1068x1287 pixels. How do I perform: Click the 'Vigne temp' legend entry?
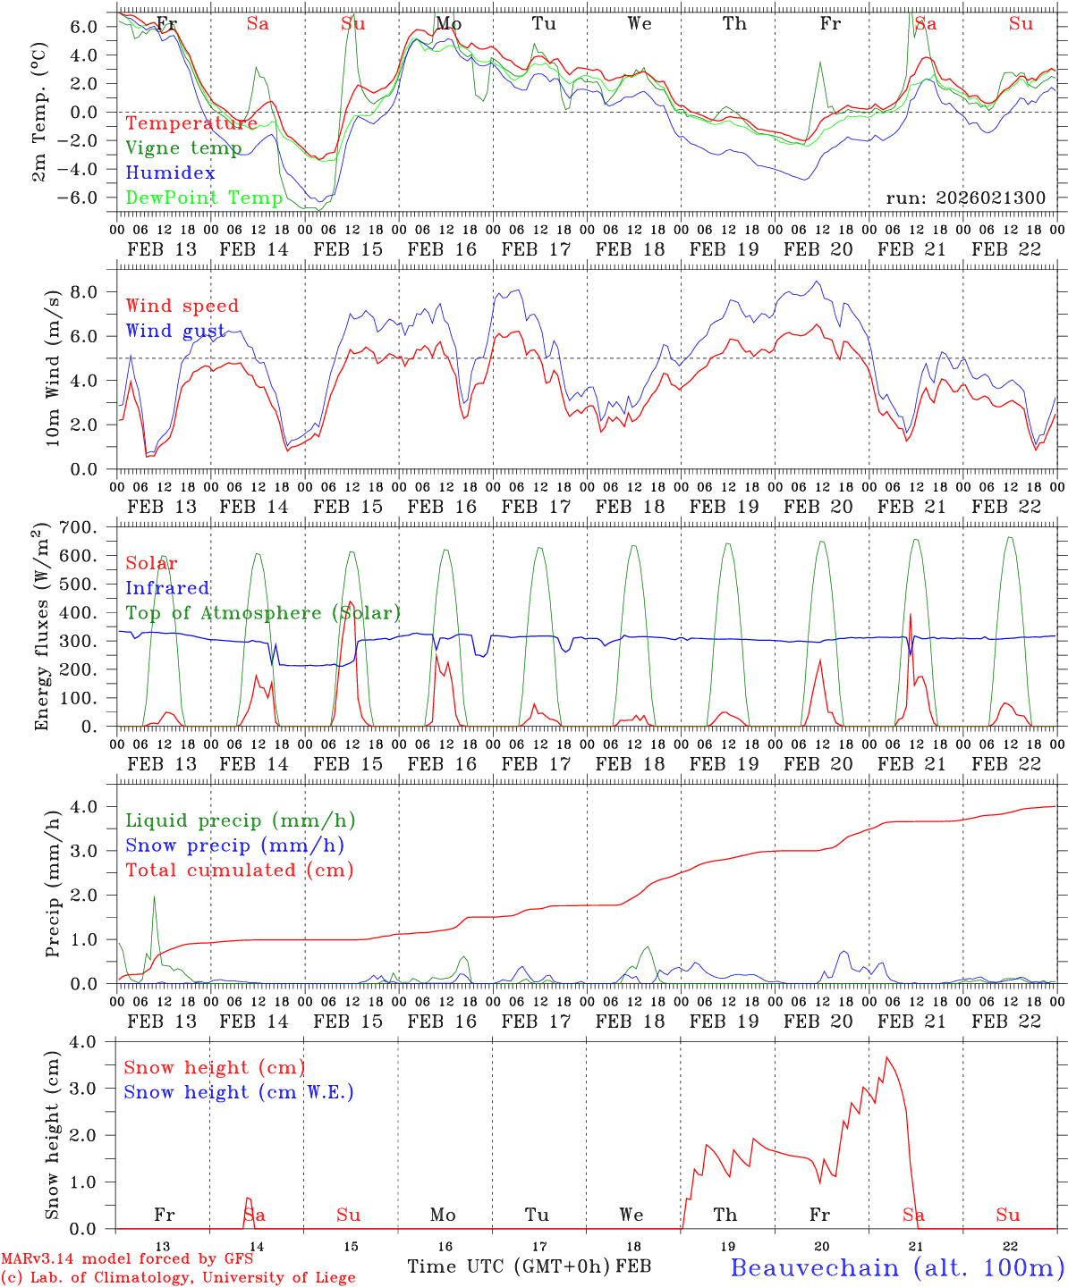183,148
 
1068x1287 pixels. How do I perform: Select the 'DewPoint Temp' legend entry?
204,198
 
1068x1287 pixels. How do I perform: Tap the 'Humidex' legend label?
170,173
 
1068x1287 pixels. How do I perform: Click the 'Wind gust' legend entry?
176,331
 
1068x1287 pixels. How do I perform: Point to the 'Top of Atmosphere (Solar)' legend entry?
263,613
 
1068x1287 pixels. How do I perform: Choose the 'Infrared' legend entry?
167,588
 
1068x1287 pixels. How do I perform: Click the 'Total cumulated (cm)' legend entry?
239,870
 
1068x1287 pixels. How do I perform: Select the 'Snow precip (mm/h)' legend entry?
234,845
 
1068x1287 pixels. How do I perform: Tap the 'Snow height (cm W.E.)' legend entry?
239,1092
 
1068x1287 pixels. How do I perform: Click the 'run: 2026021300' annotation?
965,198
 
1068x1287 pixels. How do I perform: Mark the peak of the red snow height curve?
886,1058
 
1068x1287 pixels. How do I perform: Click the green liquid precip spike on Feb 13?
154,897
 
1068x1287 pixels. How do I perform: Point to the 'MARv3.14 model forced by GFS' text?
127,1259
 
